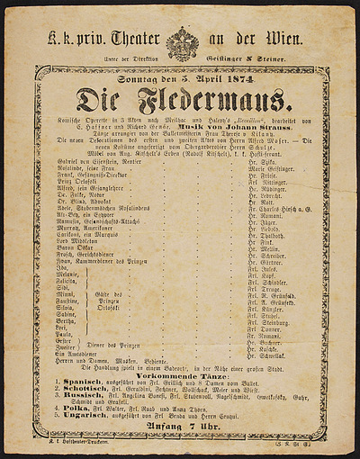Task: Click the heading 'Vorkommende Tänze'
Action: [x=181, y=367]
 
